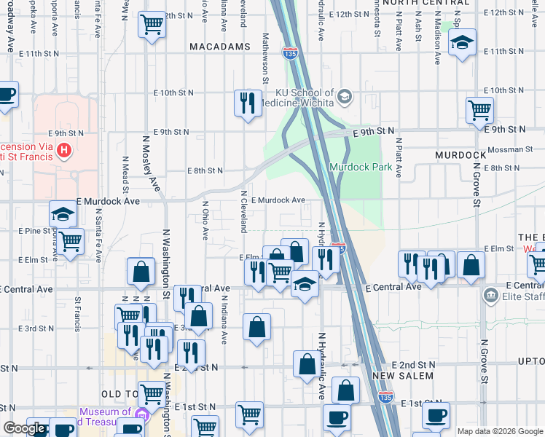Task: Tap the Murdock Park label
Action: (361, 167)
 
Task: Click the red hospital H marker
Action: (64, 151)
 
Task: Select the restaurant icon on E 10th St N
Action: (248, 102)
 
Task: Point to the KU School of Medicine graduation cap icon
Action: (345, 96)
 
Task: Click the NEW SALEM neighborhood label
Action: (403, 376)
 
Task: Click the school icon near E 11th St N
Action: (462, 42)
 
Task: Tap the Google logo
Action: (24, 428)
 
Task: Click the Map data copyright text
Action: (500, 431)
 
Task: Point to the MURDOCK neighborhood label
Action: (460, 155)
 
